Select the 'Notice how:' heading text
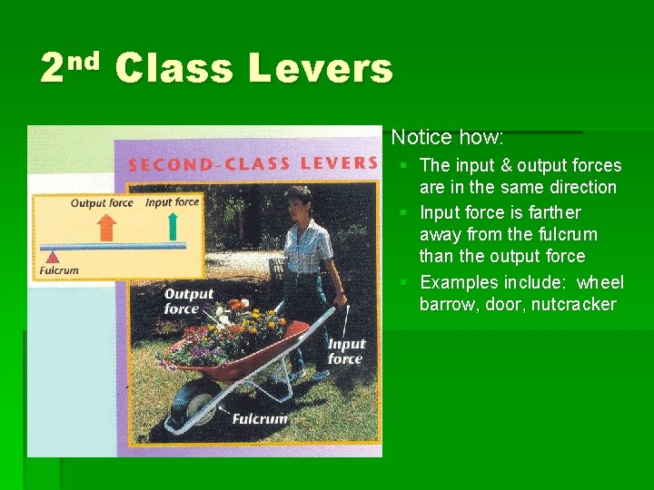pos(447,138)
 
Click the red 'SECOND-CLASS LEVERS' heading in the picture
pos(253,164)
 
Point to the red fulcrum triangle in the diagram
pos(53,258)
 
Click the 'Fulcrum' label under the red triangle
pos(60,270)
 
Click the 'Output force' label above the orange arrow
pos(102,203)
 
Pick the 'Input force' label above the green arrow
pos(172,202)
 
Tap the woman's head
pos(298,199)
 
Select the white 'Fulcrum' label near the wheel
pos(260,418)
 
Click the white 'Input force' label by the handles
pos(346,351)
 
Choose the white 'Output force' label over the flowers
pos(189,301)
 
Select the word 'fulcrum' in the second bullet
pos(564,234)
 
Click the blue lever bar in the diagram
pos(114,246)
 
